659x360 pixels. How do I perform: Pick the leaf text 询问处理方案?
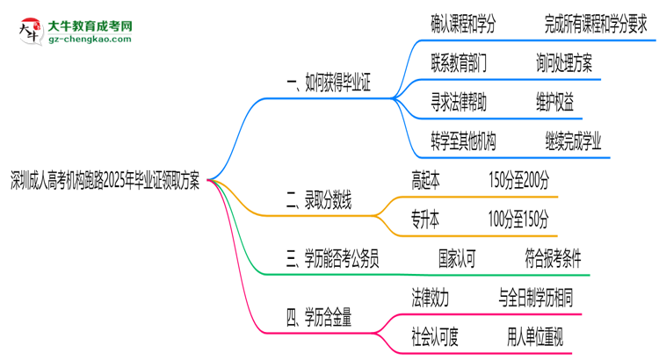tap(563, 64)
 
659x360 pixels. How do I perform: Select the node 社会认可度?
tap(435, 335)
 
